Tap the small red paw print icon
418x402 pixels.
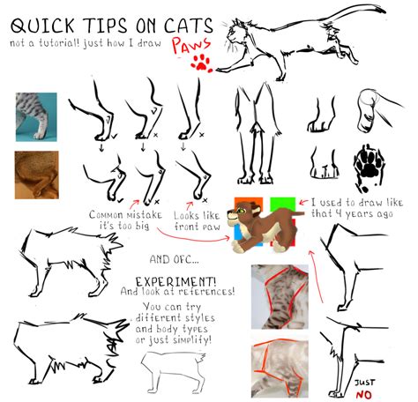click(x=204, y=63)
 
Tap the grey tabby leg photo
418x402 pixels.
click(x=35, y=115)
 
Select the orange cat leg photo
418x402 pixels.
click(x=35, y=173)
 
